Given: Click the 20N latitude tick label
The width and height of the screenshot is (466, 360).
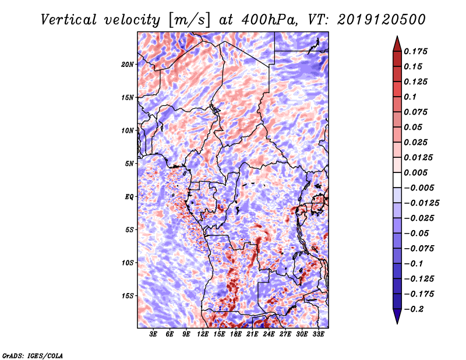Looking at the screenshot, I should pyautogui.click(x=128, y=64).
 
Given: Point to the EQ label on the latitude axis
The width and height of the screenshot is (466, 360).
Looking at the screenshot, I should pyautogui.click(x=129, y=197).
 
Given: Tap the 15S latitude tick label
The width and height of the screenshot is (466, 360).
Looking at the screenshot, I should pyautogui.click(x=128, y=296).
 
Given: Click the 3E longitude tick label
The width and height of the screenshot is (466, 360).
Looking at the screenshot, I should pyautogui.click(x=154, y=335).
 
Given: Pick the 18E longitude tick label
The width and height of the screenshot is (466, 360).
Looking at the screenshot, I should pyautogui.click(x=236, y=335).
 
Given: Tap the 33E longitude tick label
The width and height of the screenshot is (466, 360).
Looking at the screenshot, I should pyautogui.click(x=318, y=335).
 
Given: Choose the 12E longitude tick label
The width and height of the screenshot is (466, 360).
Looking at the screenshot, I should pyautogui.click(x=203, y=335).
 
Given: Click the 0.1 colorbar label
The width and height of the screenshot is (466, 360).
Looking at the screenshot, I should pyautogui.click(x=411, y=97).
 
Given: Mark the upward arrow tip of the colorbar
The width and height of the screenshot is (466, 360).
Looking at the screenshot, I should pyautogui.click(x=396, y=38).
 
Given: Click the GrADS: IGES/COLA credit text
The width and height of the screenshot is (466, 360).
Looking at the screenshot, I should pyautogui.click(x=32, y=355).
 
